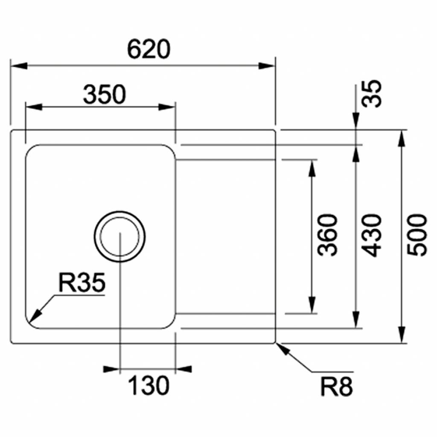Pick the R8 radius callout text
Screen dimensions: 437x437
(337, 387)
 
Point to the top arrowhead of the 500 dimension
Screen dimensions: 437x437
(402, 139)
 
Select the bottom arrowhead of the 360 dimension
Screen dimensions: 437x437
(312, 306)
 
